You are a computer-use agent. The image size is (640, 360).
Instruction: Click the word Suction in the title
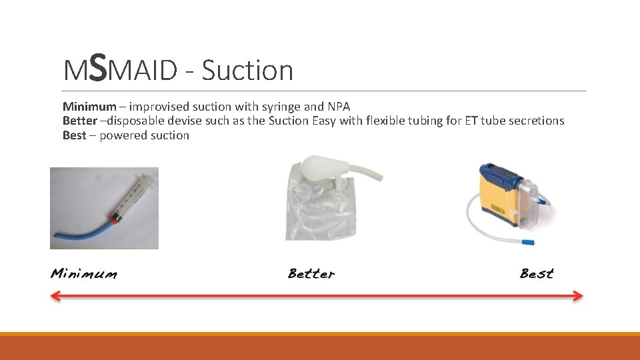click(247, 70)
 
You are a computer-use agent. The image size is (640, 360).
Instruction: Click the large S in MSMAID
click(97, 68)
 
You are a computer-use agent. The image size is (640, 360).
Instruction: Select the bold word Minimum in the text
click(89, 107)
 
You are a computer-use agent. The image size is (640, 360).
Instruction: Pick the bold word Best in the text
click(74, 136)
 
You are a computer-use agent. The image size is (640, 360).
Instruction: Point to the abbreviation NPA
click(339, 107)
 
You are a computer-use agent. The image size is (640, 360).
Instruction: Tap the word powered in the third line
click(123, 136)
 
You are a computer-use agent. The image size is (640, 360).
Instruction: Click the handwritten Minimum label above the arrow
click(83, 274)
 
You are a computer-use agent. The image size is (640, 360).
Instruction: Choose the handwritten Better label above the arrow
click(311, 273)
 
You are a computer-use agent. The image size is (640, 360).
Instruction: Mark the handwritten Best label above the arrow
click(537, 273)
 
